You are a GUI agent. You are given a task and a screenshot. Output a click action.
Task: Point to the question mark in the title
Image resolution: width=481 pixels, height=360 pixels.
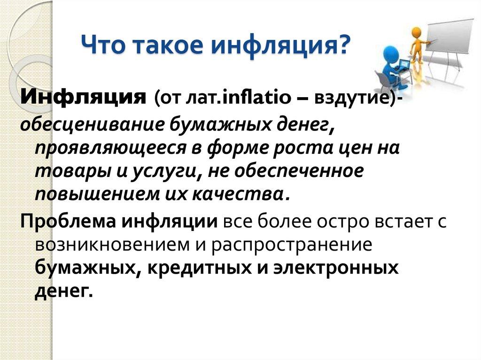click(343, 46)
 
